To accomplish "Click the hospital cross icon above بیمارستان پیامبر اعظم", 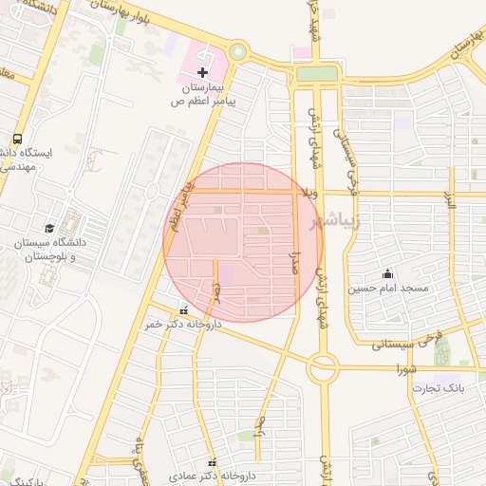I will pyautogui.click(x=202, y=72).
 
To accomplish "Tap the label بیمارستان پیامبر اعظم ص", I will pyautogui.click(x=203, y=92).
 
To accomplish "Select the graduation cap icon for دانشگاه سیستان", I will pyautogui.click(x=49, y=228).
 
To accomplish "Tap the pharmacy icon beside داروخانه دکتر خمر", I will pyautogui.click(x=183, y=310).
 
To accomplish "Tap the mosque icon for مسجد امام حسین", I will pyautogui.click(x=387, y=274).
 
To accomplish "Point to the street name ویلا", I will pyautogui.click(x=309, y=193).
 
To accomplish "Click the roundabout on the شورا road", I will pyautogui.click(x=322, y=365).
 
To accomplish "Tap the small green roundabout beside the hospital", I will pyautogui.click(x=237, y=53).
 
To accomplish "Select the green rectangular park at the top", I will pyautogui.click(x=316, y=73).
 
